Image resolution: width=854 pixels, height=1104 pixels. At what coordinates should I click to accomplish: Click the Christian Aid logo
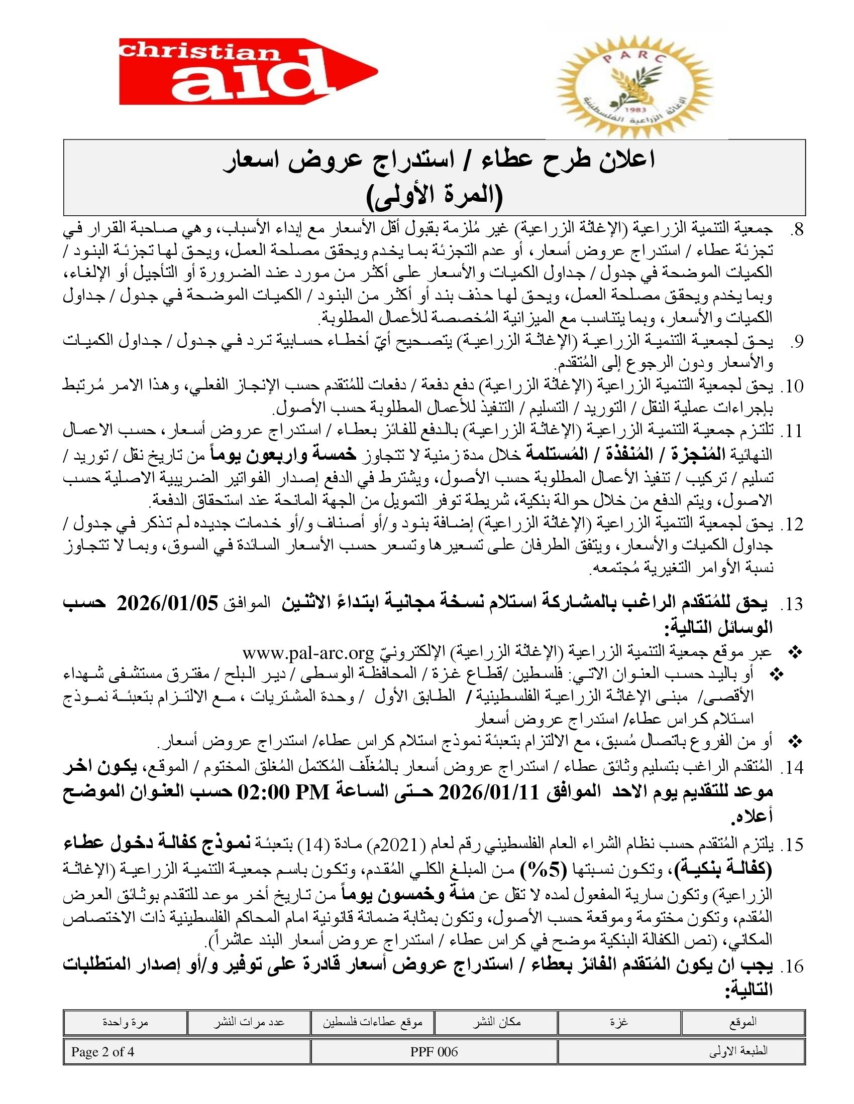[248, 71]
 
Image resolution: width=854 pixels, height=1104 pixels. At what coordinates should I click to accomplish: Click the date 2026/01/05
[167, 604]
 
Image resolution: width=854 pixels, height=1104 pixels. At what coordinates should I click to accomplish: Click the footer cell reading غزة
[619, 1022]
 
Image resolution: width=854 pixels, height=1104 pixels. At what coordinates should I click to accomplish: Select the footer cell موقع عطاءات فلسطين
[373, 1022]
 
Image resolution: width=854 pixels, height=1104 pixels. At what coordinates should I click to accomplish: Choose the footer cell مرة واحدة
[125, 1022]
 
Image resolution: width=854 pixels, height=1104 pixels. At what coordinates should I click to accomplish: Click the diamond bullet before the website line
[796, 653]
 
